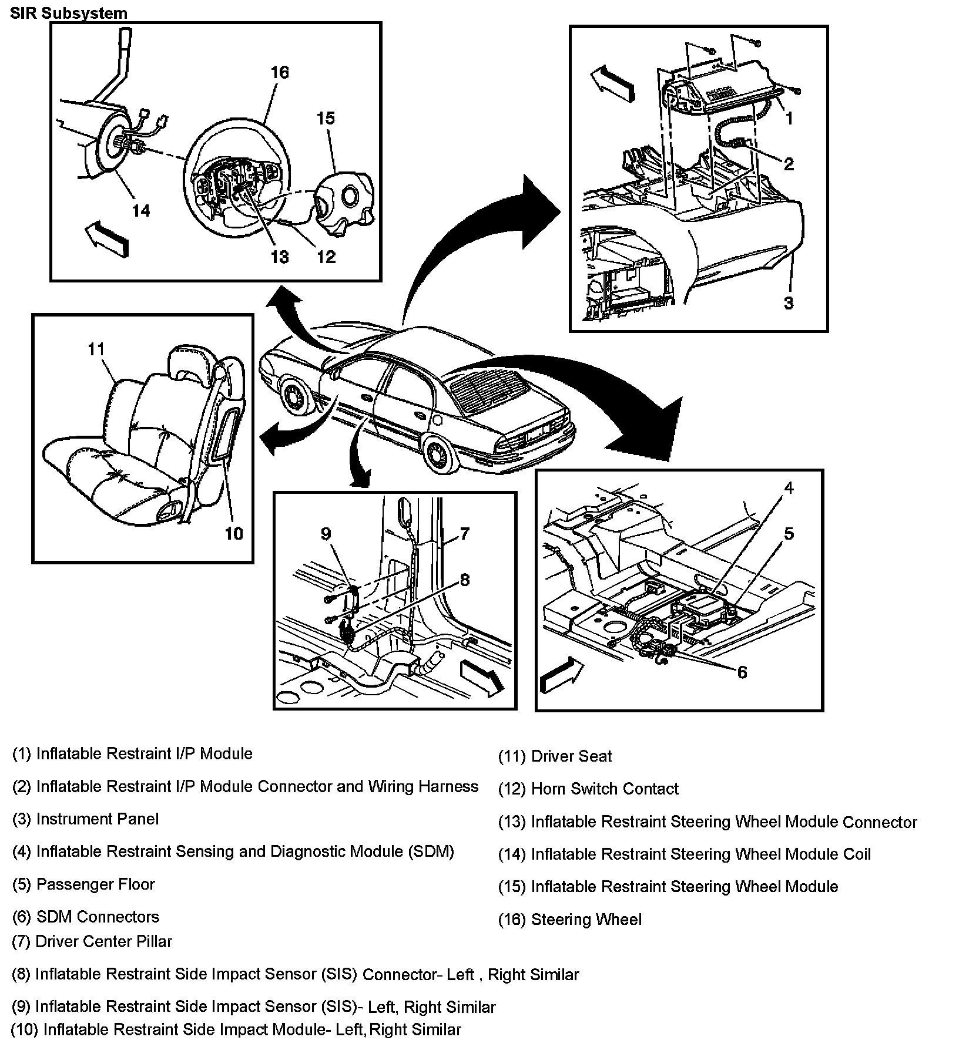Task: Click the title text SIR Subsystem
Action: (69, 12)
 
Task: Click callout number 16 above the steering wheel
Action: (280, 72)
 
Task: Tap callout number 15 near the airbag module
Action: (326, 118)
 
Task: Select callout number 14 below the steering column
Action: (141, 210)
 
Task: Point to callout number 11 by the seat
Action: (96, 349)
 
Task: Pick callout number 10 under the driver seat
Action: (234, 533)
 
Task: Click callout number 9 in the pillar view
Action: (326, 533)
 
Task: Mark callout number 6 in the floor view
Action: (742, 672)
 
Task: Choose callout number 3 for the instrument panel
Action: (789, 303)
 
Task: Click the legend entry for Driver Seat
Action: (555, 756)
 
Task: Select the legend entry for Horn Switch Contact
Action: (588, 789)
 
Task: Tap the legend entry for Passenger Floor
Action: (83, 884)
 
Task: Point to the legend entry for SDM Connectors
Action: (86, 917)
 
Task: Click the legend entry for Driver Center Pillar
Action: (92, 941)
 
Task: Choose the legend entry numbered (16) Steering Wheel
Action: (570, 920)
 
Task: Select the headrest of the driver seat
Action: (185, 362)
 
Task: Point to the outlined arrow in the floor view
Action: (561, 676)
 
